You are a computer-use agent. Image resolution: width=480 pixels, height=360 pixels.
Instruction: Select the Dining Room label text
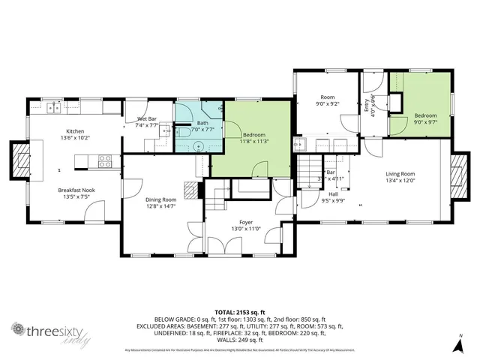(160, 199)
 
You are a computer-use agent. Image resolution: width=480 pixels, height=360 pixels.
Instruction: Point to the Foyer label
(246, 222)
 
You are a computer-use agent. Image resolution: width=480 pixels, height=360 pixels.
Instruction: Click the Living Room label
(400, 174)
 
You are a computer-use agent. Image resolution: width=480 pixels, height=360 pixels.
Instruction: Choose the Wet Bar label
(146, 118)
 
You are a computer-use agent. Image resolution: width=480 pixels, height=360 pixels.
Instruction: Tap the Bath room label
(202, 123)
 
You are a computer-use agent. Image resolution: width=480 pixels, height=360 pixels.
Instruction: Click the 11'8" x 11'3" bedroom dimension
(254, 141)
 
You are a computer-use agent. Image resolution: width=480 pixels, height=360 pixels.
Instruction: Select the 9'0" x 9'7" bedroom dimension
(425, 122)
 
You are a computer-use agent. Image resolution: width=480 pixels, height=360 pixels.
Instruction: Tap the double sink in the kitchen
(54, 108)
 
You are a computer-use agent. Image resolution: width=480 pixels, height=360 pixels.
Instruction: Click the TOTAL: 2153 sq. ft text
(240, 311)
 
